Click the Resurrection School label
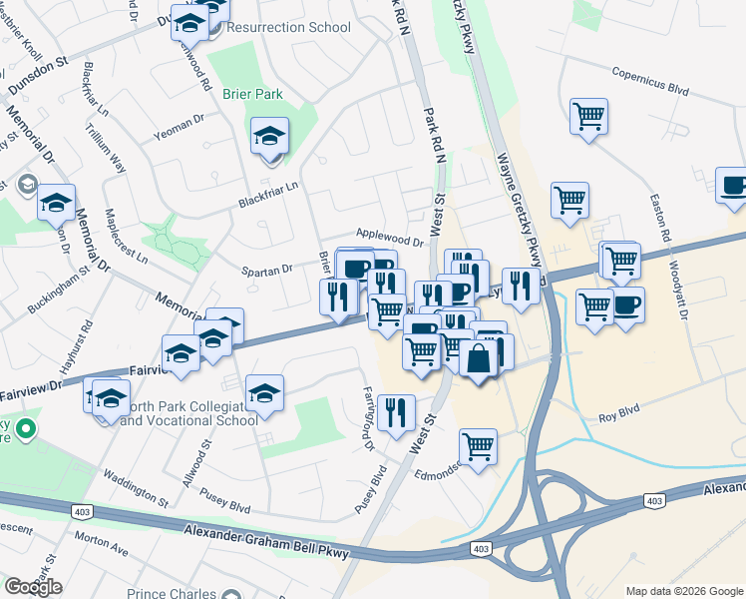tap(289, 27)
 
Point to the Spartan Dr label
tap(266, 270)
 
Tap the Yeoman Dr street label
tap(180, 134)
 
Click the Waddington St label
tap(136, 486)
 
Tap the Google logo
tap(33, 586)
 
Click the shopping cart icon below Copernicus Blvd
tap(588, 116)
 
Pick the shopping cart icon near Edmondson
tap(479, 446)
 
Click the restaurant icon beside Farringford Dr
tap(396, 410)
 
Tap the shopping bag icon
tap(479, 358)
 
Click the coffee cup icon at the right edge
tap(733, 186)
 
